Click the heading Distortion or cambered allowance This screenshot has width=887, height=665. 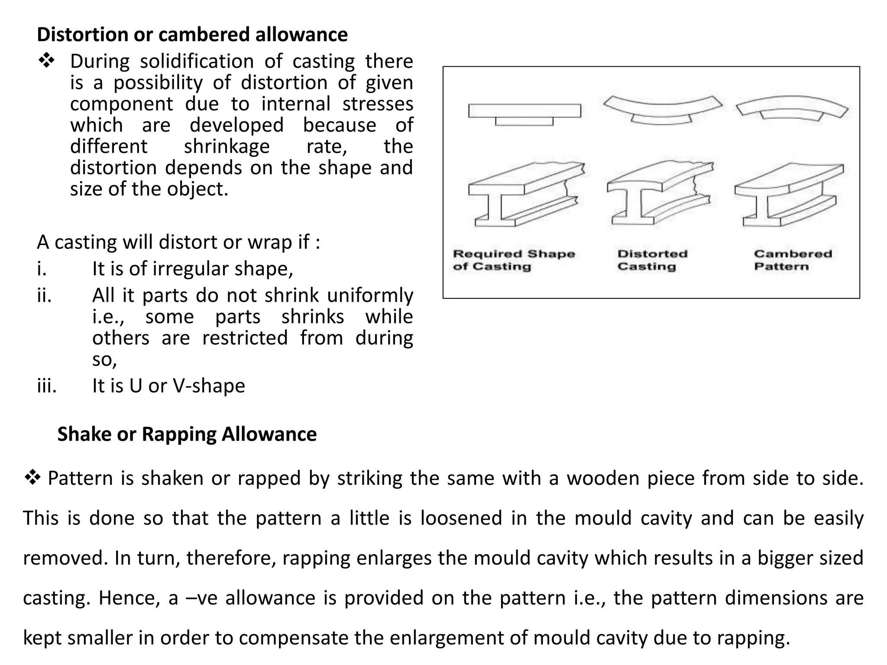point(192,35)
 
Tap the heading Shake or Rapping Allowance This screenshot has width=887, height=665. point(187,434)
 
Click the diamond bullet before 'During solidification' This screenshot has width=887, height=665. point(46,61)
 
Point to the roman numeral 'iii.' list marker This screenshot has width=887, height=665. point(47,386)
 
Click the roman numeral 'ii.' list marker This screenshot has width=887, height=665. point(44,296)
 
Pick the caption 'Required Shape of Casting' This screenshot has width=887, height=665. point(514,260)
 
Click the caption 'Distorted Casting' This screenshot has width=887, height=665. point(652,260)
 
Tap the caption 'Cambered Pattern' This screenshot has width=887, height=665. point(793,260)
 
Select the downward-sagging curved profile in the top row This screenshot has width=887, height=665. point(662,111)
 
